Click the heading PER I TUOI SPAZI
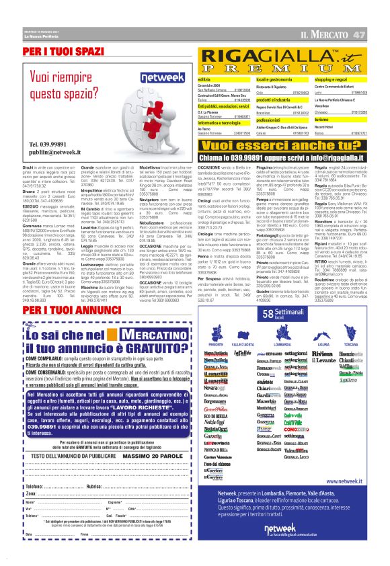[65, 51]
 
